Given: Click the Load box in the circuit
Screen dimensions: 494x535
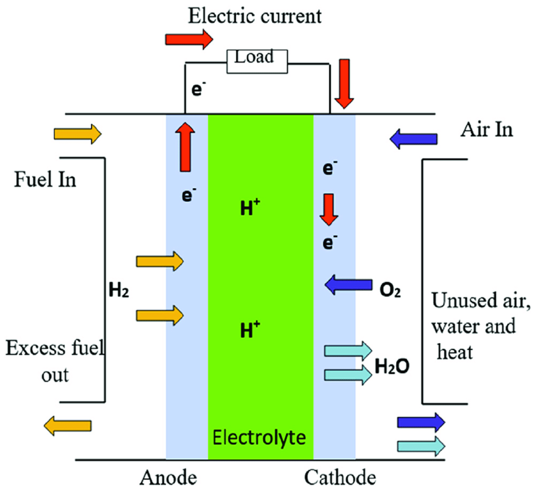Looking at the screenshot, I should click(x=257, y=62).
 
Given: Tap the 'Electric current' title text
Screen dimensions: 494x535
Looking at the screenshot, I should click(x=255, y=16).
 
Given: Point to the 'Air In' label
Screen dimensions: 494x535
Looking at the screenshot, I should click(x=487, y=130).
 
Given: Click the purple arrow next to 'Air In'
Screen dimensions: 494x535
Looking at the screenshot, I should click(x=413, y=139).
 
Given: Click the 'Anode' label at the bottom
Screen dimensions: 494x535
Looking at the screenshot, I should click(x=168, y=478).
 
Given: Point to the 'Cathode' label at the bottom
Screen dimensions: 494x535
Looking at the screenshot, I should click(x=340, y=478).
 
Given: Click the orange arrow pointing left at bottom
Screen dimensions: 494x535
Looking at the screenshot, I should click(x=68, y=426).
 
